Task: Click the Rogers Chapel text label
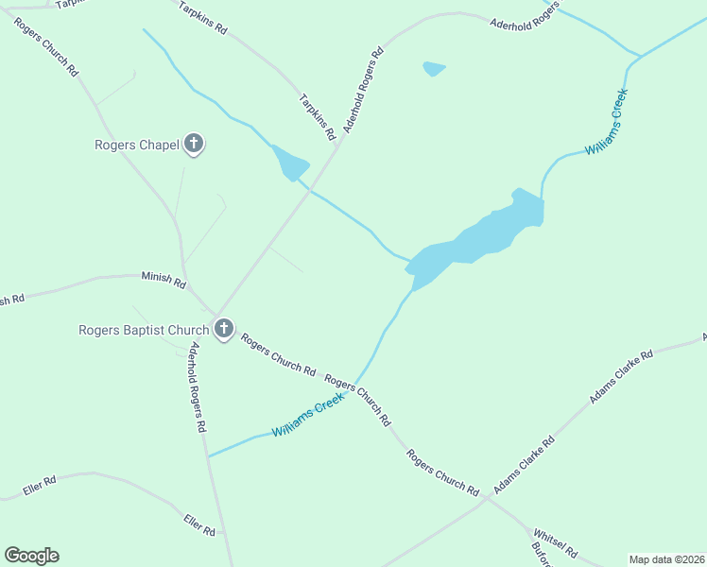tap(137, 146)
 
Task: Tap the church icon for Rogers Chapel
tap(194, 145)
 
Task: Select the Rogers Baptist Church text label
tap(144, 330)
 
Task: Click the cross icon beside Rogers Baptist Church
tap(223, 330)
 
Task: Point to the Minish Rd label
tap(164, 280)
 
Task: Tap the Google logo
tap(31, 556)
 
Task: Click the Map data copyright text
tap(665, 559)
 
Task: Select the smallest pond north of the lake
tap(434, 68)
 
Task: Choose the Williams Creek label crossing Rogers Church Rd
tap(308, 416)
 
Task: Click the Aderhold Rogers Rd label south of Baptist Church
tap(195, 387)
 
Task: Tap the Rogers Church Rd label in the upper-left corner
tap(46, 44)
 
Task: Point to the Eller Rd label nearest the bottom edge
tap(200, 525)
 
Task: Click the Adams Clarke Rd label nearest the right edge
tap(621, 377)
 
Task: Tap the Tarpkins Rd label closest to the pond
tap(318, 116)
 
